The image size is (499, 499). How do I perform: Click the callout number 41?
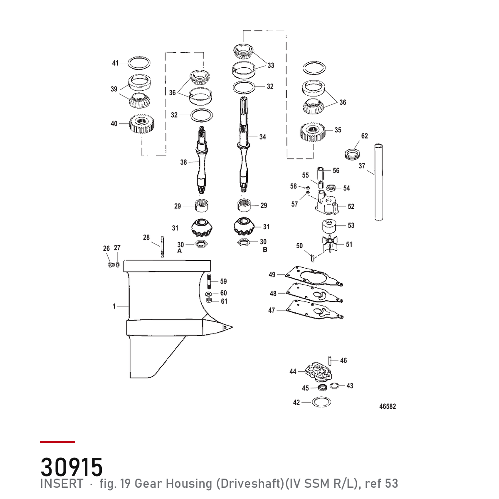pos(115,63)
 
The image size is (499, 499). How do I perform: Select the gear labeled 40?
pos(142,124)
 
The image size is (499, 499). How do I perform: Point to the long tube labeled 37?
pos(378,182)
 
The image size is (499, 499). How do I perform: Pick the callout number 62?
pos(364,136)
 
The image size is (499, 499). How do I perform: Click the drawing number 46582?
pos(388,406)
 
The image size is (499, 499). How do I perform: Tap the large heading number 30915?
pos(72,467)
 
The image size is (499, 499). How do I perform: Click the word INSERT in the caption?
pos(62,484)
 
